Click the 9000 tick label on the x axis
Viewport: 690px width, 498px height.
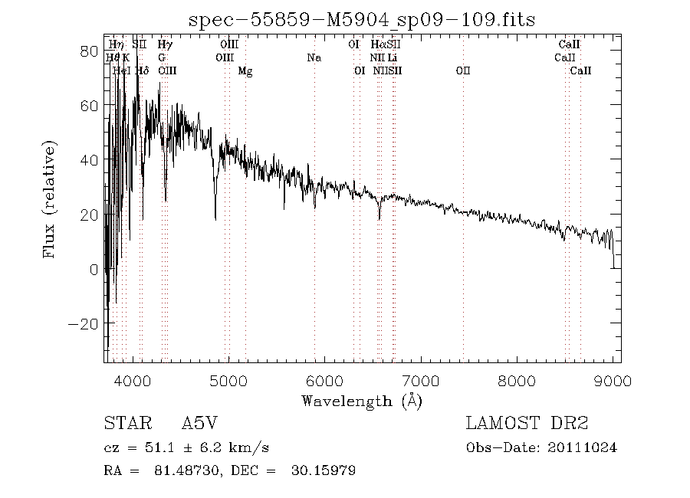pos(613,381)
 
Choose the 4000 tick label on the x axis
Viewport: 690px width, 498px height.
pos(133,381)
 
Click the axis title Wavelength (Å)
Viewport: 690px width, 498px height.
pos(362,400)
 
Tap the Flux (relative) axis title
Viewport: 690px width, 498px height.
pos(51,199)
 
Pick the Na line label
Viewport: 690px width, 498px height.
pos(314,57)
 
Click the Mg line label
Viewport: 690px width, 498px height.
pos(245,70)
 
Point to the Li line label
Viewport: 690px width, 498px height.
pos(392,57)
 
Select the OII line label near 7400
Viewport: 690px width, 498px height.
pos(463,70)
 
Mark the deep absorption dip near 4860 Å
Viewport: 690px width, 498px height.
pos(215,218)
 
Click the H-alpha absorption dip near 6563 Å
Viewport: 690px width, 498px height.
pos(379,218)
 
